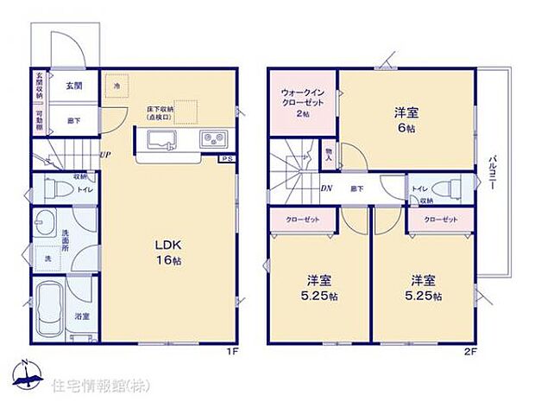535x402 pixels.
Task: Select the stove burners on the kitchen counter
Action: tap(213, 139)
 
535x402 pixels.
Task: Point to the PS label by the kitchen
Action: tap(225, 159)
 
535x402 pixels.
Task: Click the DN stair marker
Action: tap(328, 188)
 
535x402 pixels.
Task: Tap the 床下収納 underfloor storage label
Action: tap(160, 112)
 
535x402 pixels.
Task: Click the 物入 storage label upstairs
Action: tap(329, 156)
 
